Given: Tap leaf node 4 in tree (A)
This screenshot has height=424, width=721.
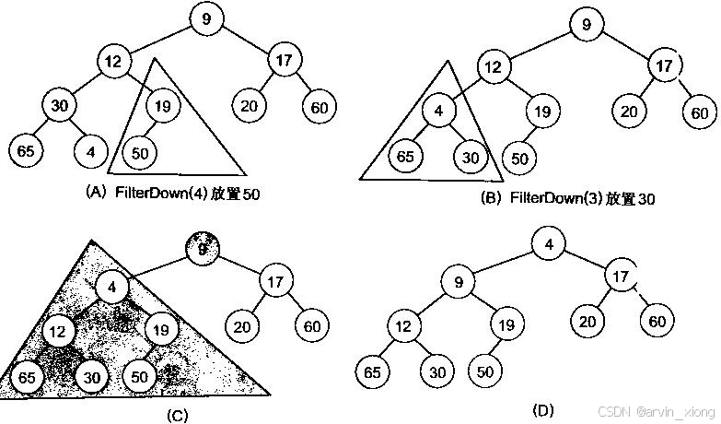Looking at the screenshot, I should (x=89, y=148).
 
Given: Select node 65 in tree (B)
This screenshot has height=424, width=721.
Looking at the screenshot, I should (x=405, y=156).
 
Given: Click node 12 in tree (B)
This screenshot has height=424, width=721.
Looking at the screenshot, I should (x=494, y=67).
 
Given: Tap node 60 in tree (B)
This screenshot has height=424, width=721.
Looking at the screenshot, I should (x=699, y=113).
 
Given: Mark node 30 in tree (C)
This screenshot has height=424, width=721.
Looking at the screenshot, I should (x=89, y=377).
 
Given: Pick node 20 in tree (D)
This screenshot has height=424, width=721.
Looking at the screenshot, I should (x=587, y=321).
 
